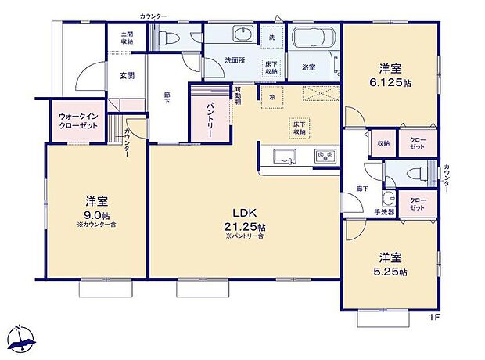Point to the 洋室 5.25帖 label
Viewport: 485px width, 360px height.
pyautogui.click(x=392, y=264)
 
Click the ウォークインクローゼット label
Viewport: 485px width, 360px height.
pyautogui.click(x=77, y=122)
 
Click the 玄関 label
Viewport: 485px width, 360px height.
pyautogui.click(x=128, y=76)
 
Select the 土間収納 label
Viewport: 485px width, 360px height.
pyautogui.click(x=127, y=37)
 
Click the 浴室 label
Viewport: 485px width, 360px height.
pyautogui.click(x=309, y=67)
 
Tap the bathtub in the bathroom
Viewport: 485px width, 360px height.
pyautogui.click(x=313, y=37)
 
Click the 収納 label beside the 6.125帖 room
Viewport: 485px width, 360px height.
pyautogui.click(x=383, y=144)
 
